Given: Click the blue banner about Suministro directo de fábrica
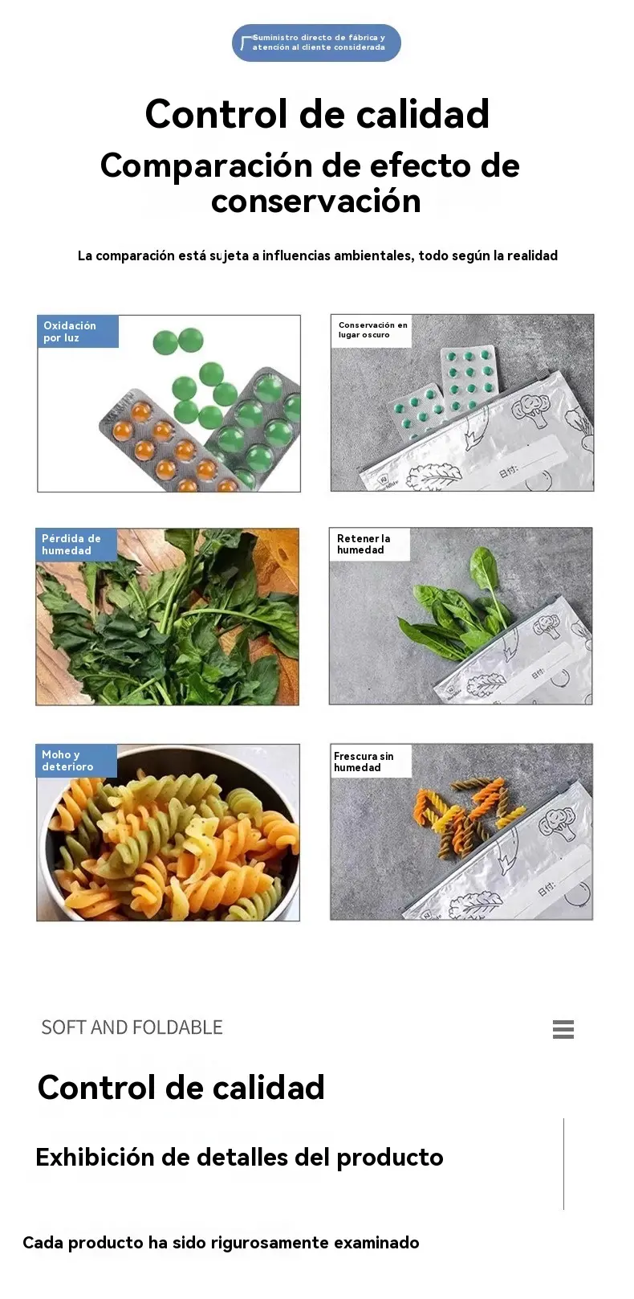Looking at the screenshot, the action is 316,43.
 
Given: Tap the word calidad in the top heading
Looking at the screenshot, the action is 422,113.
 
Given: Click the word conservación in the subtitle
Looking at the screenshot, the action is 316,201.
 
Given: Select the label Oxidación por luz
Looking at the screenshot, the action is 78,332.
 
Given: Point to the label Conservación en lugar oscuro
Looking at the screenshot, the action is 372,330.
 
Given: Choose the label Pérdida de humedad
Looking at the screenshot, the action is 76,544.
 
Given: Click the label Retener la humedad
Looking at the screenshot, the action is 370,544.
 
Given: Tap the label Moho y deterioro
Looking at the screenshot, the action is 76,760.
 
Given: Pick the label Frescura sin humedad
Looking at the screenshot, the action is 371,761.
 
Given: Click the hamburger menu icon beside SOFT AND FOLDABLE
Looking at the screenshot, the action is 563,1029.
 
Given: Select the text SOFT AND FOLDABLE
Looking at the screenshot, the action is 132,1027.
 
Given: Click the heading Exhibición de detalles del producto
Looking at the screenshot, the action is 239,1158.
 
